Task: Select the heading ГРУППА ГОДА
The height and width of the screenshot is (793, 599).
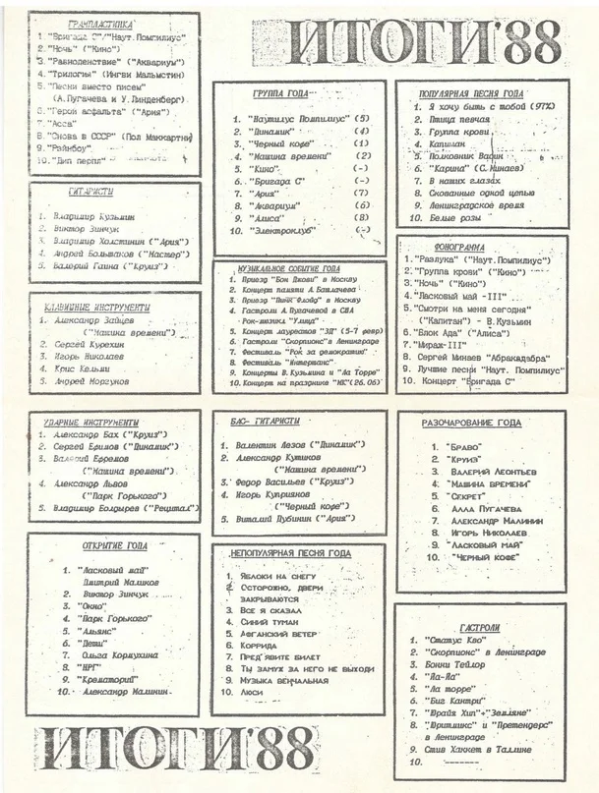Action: click(x=281, y=94)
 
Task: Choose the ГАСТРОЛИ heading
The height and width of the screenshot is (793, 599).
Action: click(x=480, y=627)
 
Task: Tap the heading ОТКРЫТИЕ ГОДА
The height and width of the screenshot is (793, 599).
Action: click(x=112, y=545)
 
